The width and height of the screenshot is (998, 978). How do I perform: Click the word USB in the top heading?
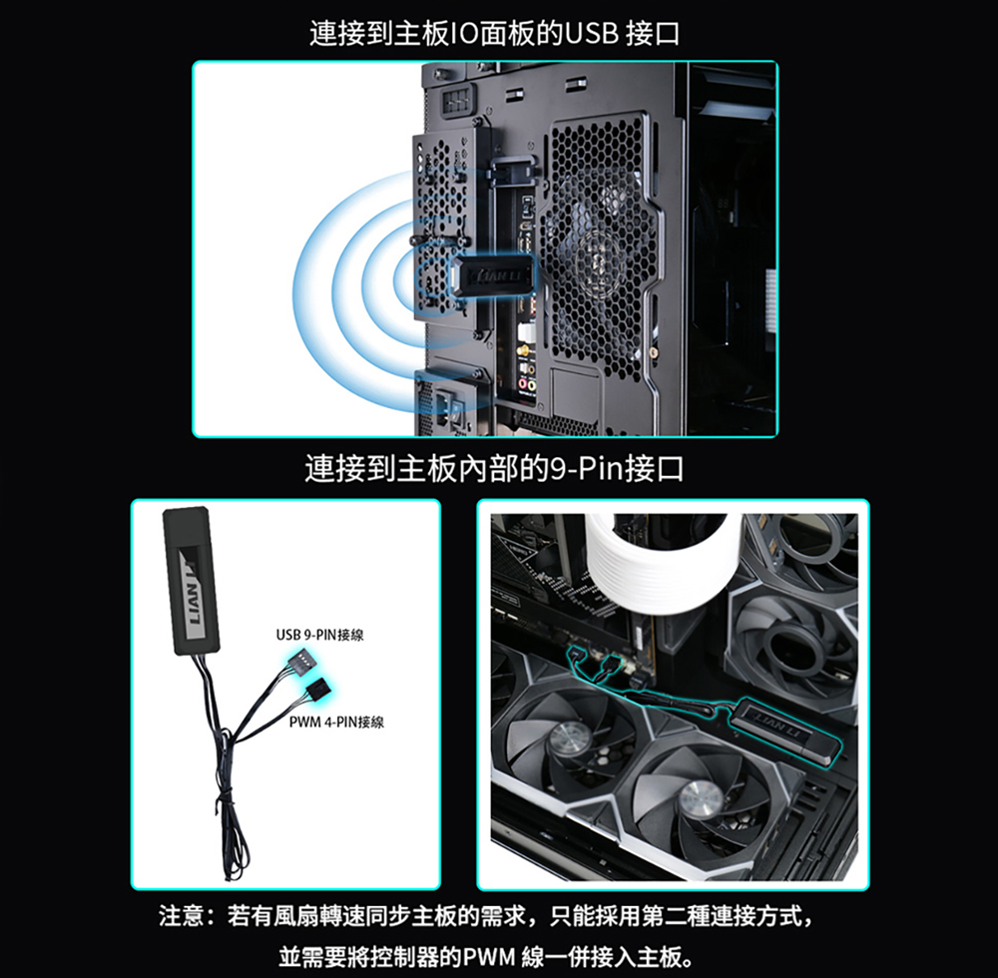click(x=591, y=33)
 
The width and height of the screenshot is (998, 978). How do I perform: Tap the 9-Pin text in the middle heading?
click(x=584, y=469)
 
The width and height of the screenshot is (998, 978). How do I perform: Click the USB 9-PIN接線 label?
click(x=319, y=635)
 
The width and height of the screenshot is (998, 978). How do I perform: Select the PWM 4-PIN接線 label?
click(x=336, y=722)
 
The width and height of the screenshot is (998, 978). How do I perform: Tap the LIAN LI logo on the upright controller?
click(x=191, y=595)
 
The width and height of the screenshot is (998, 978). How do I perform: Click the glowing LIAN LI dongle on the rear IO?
click(x=490, y=275)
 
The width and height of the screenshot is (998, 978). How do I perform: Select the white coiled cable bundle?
click(x=662, y=560)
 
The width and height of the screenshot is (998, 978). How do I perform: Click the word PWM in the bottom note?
click(x=489, y=956)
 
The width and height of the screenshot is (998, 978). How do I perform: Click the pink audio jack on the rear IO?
click(x=523, y=383)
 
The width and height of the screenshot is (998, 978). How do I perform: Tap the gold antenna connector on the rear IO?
click(x=523, y=350)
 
